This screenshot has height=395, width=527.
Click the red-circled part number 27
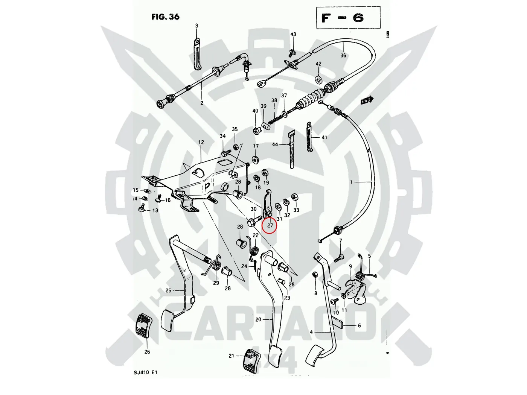[270, 226]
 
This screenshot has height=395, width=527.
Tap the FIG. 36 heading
[165, 17]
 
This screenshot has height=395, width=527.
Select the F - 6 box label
[343, 18]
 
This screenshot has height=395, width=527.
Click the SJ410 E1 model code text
[145, 372]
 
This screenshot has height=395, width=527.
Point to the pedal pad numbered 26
[143, 325]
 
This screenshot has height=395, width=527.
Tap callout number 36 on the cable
[343, 55]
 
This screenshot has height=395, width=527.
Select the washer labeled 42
[318, 79]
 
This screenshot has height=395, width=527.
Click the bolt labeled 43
[292, 51]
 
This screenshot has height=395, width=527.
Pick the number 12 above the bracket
[201, 142]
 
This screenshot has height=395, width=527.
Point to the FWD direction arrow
[367, 100]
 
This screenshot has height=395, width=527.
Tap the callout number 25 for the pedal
[168, 290]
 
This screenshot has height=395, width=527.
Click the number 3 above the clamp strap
[196, 26]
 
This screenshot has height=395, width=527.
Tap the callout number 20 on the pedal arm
[258, 319]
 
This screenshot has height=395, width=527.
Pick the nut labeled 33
[295, 198]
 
